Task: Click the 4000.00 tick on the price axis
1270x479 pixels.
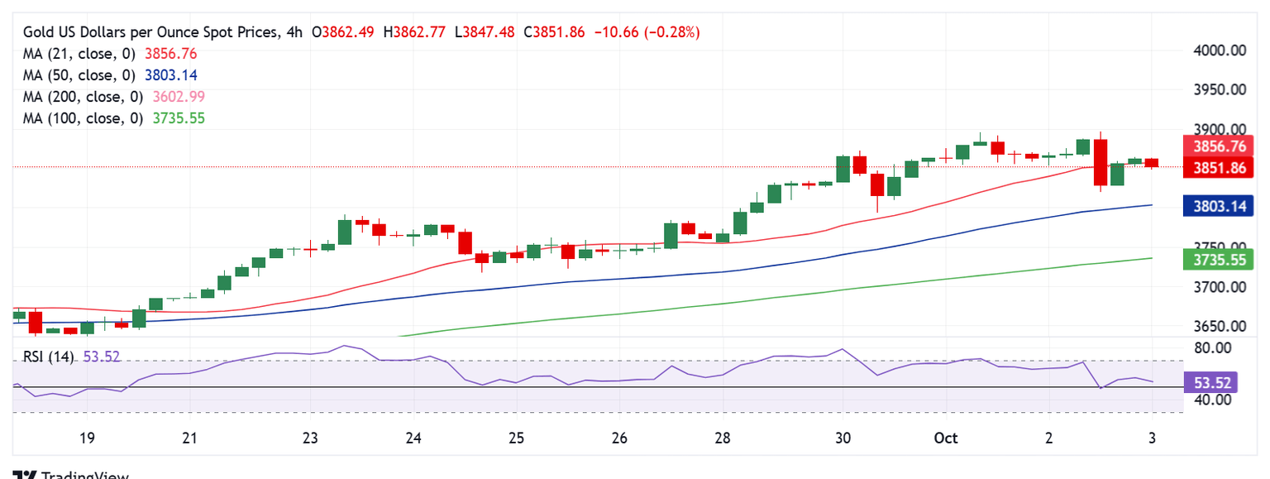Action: tap(1220, 50)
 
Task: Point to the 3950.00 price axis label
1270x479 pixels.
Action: tap(1220, 89)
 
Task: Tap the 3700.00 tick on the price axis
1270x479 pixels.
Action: tap(1220, 287)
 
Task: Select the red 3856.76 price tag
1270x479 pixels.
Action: tap(1220, 146)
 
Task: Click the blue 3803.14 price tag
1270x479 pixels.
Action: tap(1220, 205)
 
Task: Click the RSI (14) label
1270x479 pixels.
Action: tap(48, 357)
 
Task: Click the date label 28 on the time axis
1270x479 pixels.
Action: tap(722, 438)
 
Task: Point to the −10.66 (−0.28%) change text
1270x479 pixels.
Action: tap(645, 32)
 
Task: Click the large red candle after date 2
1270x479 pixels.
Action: tap(1101, 162)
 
